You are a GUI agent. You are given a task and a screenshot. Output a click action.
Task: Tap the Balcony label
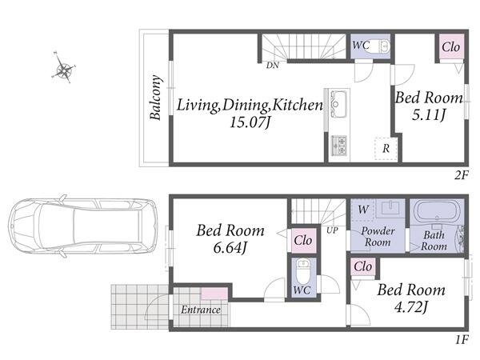click(x=155, y=98)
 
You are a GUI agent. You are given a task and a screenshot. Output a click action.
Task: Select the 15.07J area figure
click(x=250, y=122)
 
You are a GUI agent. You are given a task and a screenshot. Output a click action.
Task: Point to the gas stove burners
click(x=339, y=144)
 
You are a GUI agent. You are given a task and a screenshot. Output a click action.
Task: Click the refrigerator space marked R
click(x=386, y=149)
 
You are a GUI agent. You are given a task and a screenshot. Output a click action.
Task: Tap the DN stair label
click(x=273, y=66)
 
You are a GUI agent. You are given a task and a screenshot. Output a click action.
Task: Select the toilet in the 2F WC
click(x=384, y=46)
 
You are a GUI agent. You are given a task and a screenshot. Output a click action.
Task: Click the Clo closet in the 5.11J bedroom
click(x=451, y=47)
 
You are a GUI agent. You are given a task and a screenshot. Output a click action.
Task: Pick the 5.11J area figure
click(x=429, y=115)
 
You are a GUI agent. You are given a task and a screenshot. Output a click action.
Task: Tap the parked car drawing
click(x=82, y=226)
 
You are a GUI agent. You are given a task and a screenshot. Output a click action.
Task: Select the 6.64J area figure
click(x=230, y=248)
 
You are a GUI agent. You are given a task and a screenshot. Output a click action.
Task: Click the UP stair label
click(x=332, y=230)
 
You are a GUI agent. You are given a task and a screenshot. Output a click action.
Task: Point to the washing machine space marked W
click(x=363, y=210)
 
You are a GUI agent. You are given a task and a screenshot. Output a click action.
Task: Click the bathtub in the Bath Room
click(x=437, y=212)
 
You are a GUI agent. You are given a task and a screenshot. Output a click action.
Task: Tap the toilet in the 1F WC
click(x=303, y=271)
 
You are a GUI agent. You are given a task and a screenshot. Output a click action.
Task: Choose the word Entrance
click(x=201, y=310)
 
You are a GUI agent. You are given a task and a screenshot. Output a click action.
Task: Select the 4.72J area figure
click(x=411, y=307)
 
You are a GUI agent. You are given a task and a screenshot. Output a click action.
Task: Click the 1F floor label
click(x=461, y=339)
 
